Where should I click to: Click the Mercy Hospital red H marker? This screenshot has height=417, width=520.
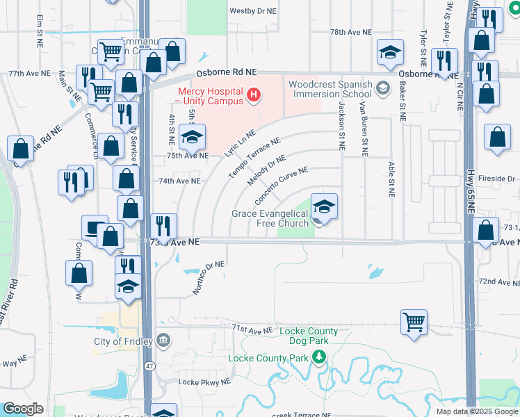(x=254, y=94)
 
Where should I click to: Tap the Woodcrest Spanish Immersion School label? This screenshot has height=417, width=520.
(x=330, y=89)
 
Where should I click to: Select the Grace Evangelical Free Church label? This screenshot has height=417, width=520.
(x=270, y=218)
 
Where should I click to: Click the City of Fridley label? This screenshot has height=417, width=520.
(x=121, y=341)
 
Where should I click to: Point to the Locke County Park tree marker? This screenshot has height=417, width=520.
(x=319, y=358)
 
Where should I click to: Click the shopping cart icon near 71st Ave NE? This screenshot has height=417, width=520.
(x=414, y=322)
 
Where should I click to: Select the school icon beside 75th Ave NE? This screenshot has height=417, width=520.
(x=192, y=137)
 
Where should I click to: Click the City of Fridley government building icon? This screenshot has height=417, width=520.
(x=164, y=341)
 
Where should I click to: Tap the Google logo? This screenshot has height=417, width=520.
(x=24, y=409)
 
